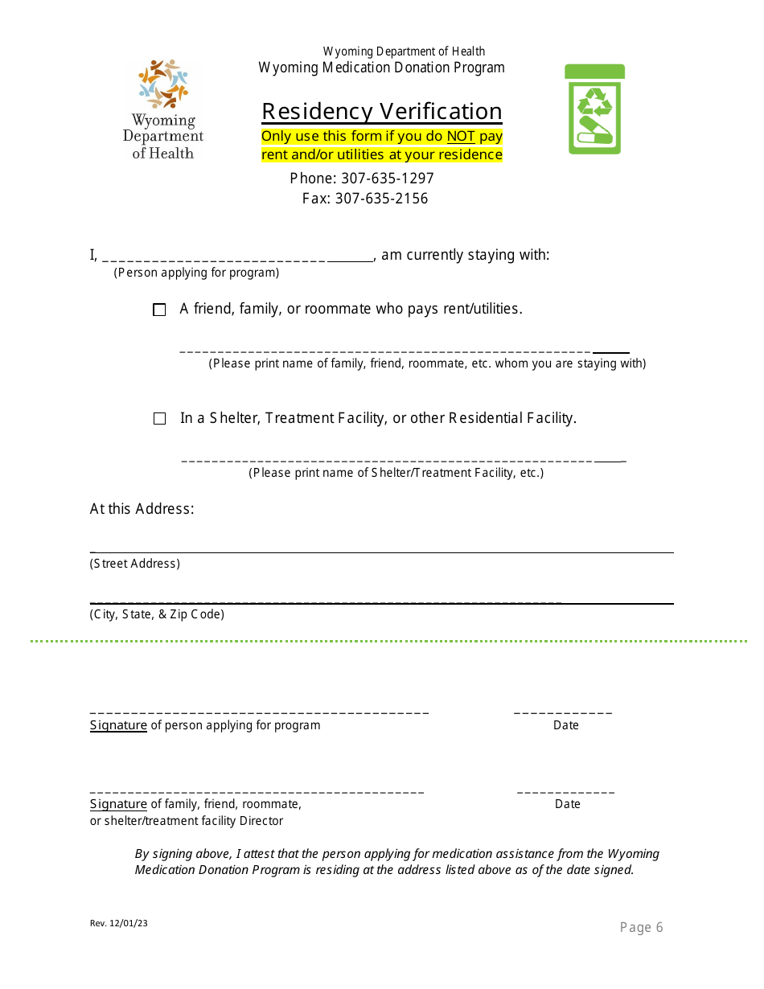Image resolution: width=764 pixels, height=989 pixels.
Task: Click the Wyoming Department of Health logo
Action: (163, 109)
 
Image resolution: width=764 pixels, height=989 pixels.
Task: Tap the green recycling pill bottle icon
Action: (594, 109)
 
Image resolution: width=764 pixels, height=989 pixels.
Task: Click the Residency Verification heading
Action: (382, 111)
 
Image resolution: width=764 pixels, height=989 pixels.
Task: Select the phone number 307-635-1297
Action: (387, 179)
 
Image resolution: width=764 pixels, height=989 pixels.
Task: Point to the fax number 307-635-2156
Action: (381, 199)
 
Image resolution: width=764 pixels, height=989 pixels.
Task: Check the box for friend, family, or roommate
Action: (159, 310)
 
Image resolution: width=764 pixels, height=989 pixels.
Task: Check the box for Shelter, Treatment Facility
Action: (159, 419)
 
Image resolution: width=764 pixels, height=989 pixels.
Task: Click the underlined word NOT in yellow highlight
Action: (461, 137)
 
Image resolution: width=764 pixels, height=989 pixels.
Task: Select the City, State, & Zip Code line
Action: (381, 602)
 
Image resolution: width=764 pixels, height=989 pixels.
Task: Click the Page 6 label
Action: (641, 928)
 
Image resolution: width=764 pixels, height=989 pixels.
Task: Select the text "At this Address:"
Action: (142, 509)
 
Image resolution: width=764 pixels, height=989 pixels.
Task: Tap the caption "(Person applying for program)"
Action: (196, 273)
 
